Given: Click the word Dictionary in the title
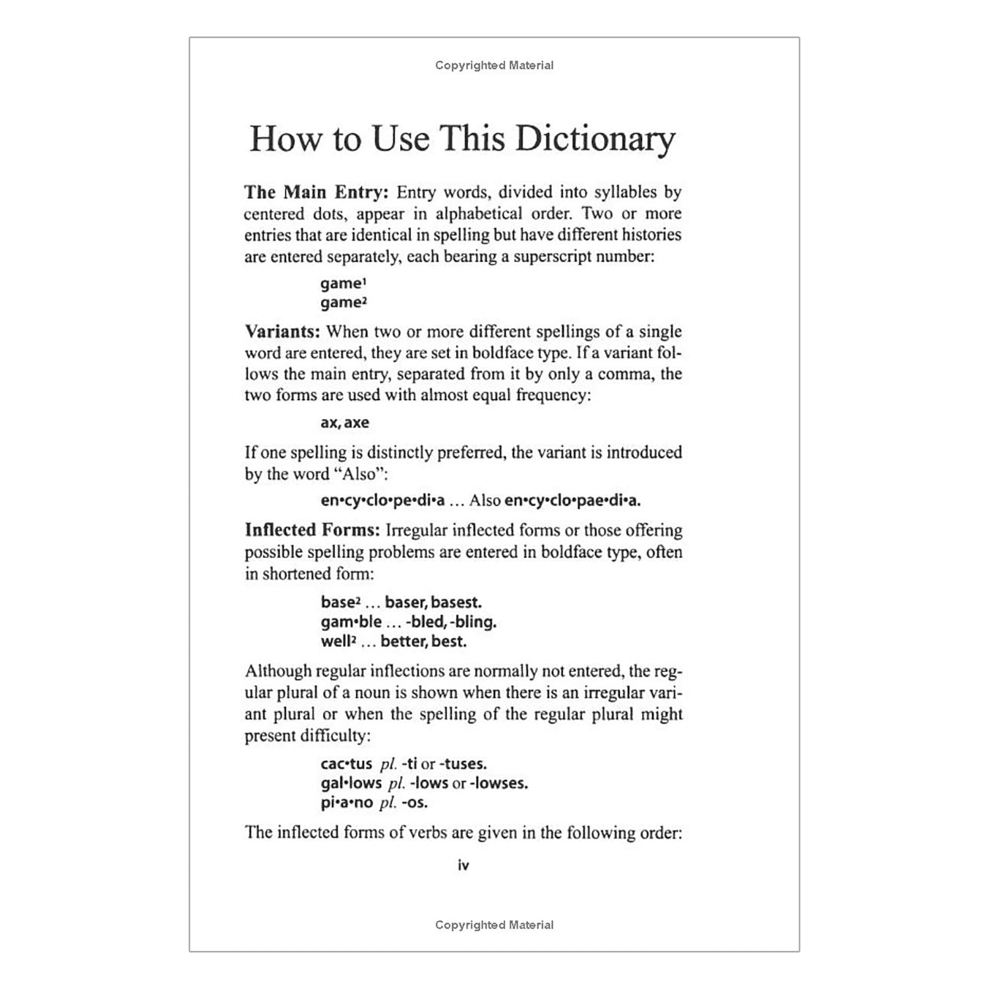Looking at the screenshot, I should (x=595, y=139).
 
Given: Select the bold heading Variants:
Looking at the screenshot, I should (x=283, y=331).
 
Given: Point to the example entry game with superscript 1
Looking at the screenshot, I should (x=343, y=284).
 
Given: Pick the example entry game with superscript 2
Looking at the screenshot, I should (x=343, y=303).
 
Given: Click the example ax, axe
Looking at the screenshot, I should (x=345, y=423).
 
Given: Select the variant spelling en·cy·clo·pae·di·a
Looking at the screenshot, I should (x=572, y=500).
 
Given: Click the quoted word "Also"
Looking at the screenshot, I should (x=359, y=474).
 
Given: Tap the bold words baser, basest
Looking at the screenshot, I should (x=433, y=602).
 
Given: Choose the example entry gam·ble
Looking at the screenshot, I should (x=351, y=622).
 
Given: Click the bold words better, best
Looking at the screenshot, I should (x=423, y=641).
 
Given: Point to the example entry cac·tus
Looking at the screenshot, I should (x=347, y=764).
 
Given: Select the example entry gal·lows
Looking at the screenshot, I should (x=351, y=783).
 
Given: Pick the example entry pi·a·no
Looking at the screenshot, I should (x=347, y=802).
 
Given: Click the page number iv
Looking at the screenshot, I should (x=464, y=865).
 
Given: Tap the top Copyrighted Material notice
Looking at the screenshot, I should (x=494, y=65).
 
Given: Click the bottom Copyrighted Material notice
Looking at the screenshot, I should (x=494, y=925).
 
